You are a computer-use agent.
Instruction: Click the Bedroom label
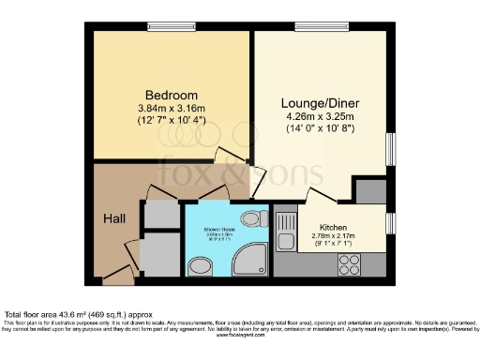[x=171, y=96]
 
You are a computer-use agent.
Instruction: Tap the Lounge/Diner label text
[x=320, y=103]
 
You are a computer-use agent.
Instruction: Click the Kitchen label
[x=334, y=228]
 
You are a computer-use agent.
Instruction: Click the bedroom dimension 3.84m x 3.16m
[x=171, y=110]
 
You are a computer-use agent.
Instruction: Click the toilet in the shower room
[x=250, y=219]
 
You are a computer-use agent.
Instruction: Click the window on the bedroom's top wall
[x=172, y=25]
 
